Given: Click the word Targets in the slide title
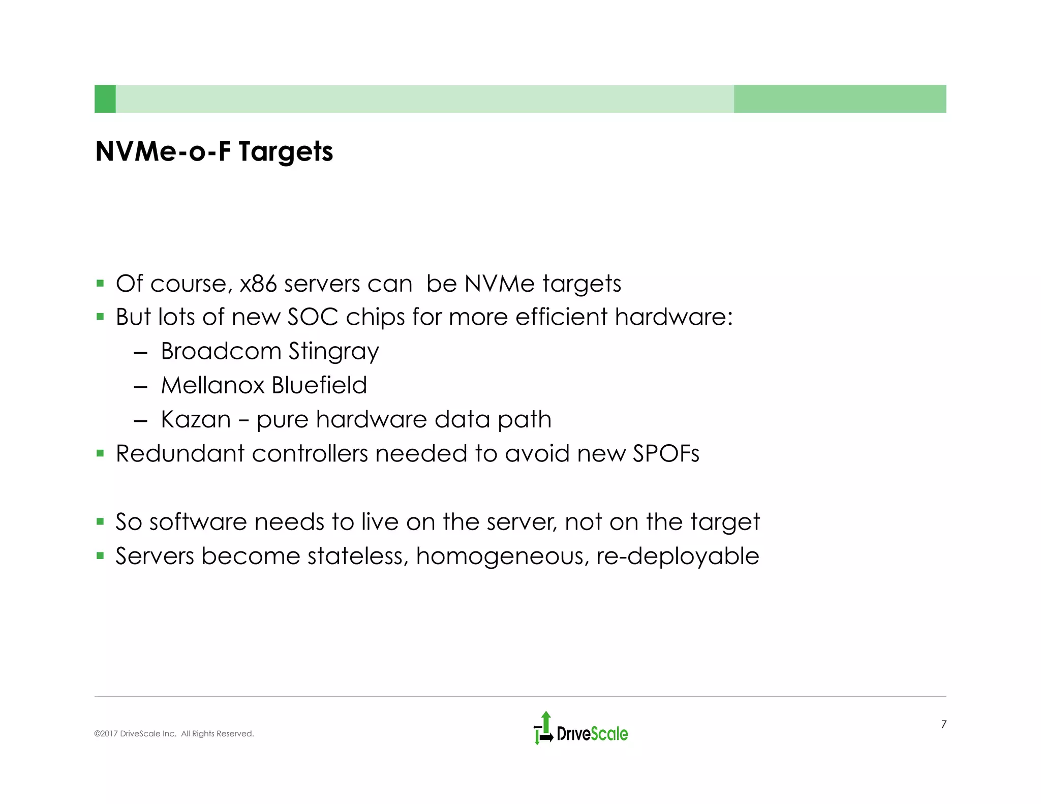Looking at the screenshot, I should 286,152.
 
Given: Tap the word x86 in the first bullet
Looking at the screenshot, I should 258,284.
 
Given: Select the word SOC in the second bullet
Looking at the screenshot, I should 313,317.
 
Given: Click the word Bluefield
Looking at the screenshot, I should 319,385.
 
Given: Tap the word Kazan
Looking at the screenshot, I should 196,420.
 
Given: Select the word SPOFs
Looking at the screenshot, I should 666,453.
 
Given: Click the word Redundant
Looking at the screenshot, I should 180,453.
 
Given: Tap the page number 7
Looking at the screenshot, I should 943,724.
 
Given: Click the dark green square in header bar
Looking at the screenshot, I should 105,99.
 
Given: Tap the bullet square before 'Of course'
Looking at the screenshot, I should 100,283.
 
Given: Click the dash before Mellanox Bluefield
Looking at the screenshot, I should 140,387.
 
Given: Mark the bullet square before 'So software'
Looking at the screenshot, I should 100,521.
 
